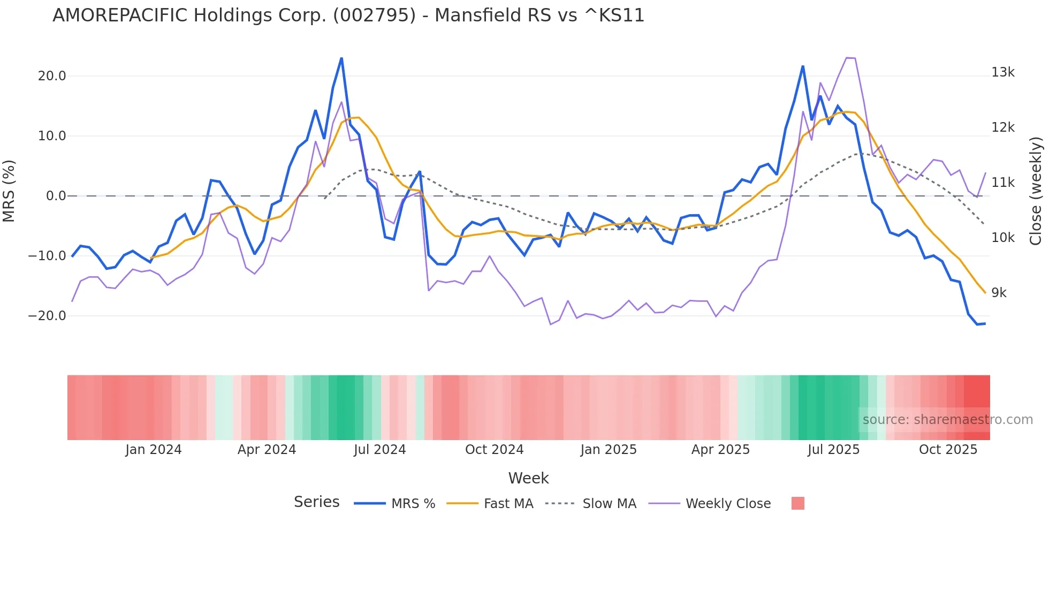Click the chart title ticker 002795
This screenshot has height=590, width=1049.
(x=374, y=16)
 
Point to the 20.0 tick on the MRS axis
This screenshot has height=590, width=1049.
(x=52, y=76)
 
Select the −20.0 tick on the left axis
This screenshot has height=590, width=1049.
(x=47, y=316)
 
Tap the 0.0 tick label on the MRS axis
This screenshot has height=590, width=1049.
(x=56, y=196)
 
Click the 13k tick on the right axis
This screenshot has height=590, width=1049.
(x=1002, y=72)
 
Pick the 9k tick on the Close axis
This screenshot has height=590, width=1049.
(x=999, y=293)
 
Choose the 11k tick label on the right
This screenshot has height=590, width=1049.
(x=1002, y=183)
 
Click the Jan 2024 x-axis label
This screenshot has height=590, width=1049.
(x=154, y=450)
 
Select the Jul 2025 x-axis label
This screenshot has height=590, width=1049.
(x=833, y=450)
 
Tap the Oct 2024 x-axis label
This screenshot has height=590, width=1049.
(x=494, y=450)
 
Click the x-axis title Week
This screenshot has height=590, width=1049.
(x=528, y=478)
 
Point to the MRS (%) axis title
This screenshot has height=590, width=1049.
(x=9, y=191)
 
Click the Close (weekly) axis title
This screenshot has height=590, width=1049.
(x=1036, y=191)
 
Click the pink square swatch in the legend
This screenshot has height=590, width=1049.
(x=797, y=503)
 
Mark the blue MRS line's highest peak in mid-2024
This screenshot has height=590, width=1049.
(x=341, y=58)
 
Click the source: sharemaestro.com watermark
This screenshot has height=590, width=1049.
(x=947, y=420)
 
